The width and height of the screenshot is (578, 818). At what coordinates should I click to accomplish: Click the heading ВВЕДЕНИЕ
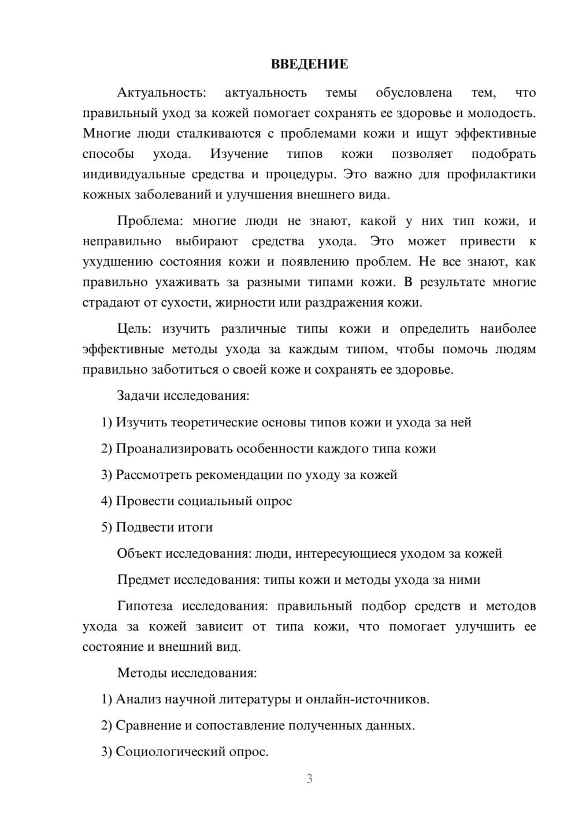click(x=309, y=64)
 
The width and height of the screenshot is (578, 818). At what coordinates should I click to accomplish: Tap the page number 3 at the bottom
click(x=309, y=779)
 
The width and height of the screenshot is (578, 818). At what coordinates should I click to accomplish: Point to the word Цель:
click(x=135, y=329)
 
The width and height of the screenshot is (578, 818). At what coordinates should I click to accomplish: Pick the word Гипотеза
click(x=144, y=606)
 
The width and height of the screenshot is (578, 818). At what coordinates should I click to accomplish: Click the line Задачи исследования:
click(x=183, y=396)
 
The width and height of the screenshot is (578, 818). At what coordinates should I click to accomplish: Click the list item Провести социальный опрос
click(x=203, y=501)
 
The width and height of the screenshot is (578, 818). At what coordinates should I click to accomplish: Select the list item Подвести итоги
click(x=164, y=527)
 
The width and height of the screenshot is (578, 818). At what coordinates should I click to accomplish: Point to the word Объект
click(x=139, y=554)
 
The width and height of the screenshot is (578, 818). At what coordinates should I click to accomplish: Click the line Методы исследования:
click(x=187, y=673)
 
